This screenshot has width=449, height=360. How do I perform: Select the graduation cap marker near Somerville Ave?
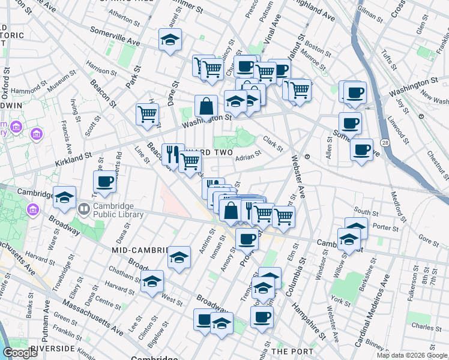click(x=170, y=41)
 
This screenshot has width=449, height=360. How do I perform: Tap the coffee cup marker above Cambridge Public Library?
click(x=104, y=182)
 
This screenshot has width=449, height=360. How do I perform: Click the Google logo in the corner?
click(x=20, y=353)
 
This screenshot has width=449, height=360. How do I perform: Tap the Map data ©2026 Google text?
click(x=412, y=355)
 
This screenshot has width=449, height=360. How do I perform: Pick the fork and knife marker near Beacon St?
click(x=172, y=154)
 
